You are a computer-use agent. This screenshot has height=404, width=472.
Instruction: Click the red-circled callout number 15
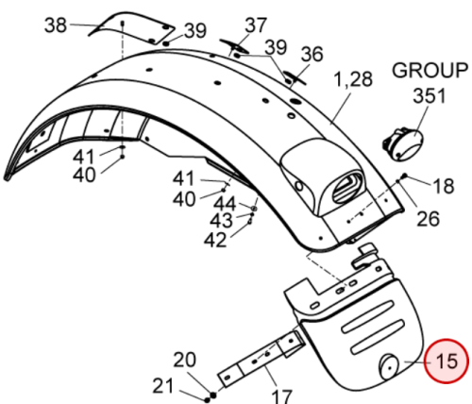(x=447, y=361)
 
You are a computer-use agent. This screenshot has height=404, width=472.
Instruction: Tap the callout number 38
(x=56, y=25)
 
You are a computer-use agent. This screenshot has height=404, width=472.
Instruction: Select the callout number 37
(x=256, y=25)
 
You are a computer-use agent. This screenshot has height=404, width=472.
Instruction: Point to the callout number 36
(x=312, y=54)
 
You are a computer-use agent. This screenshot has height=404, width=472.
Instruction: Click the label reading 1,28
(x=353, y=79)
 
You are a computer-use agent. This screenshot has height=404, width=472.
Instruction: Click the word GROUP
(x=430, y=70)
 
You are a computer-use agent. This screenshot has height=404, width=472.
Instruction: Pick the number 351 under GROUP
(x=430, y=95)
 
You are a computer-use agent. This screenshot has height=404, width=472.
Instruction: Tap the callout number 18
(x=444, y=186)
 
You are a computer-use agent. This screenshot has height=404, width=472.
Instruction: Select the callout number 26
(x=428, y=218)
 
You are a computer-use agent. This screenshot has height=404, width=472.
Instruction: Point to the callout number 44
(x=225, y=204)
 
